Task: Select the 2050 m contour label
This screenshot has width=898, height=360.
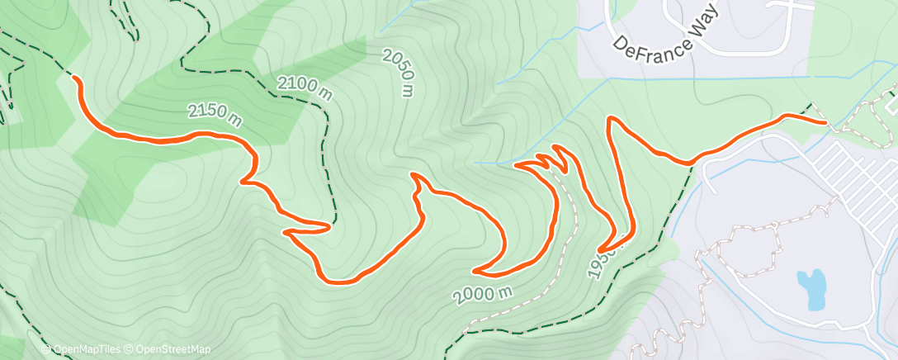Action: pyautogui.click(x=398, y=73)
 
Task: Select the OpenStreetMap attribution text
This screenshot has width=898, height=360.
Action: pyautogui.click(x=168, y=350)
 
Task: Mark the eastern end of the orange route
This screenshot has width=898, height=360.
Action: pyautogui.click(x=825, y=121)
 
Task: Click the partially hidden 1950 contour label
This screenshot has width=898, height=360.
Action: pyautogui.click(x=599, y=263)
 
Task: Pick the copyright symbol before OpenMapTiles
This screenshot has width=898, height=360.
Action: pyautogui.click(x=45, y=350)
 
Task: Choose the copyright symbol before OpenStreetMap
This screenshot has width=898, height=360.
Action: pyautogui.click(x=130, y=350)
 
